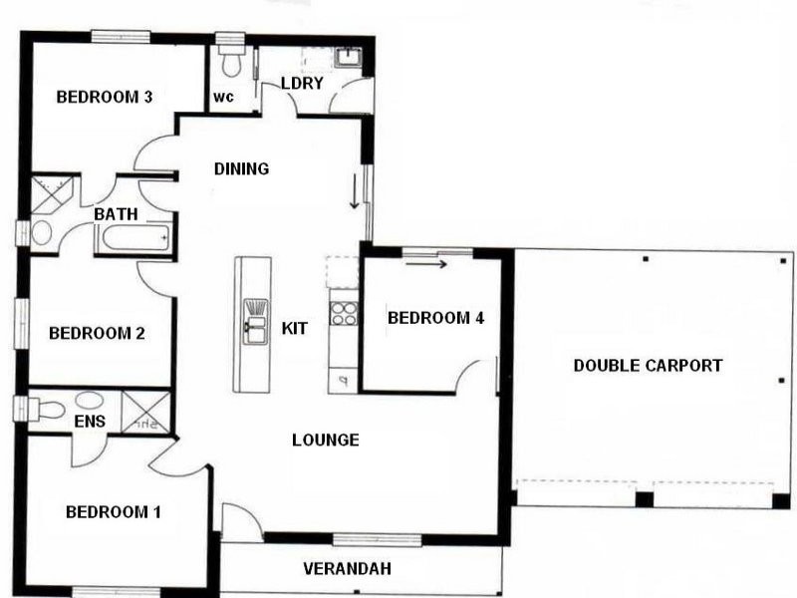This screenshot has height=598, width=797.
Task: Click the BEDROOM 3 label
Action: tap(104, 97)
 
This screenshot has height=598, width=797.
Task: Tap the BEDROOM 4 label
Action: tap(435, 318)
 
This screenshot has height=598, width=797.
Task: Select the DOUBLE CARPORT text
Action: tap(648, 366)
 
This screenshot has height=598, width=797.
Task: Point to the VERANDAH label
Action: tap(346, 569)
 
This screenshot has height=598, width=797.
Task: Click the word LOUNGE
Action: tap(325, 440)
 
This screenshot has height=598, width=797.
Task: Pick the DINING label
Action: tap(241, 168)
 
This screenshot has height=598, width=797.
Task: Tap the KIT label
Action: tap(294, 328)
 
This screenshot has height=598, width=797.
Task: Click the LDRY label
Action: tap(302, 83)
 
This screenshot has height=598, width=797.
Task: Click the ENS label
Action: tap(90, 422)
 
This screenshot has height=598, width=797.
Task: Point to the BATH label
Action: tap(116, 214)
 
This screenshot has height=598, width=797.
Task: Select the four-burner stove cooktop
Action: tap(343, 313)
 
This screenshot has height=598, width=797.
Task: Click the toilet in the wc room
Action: tap(231, 61)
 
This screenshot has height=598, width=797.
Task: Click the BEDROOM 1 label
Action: tap(113, 512)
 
